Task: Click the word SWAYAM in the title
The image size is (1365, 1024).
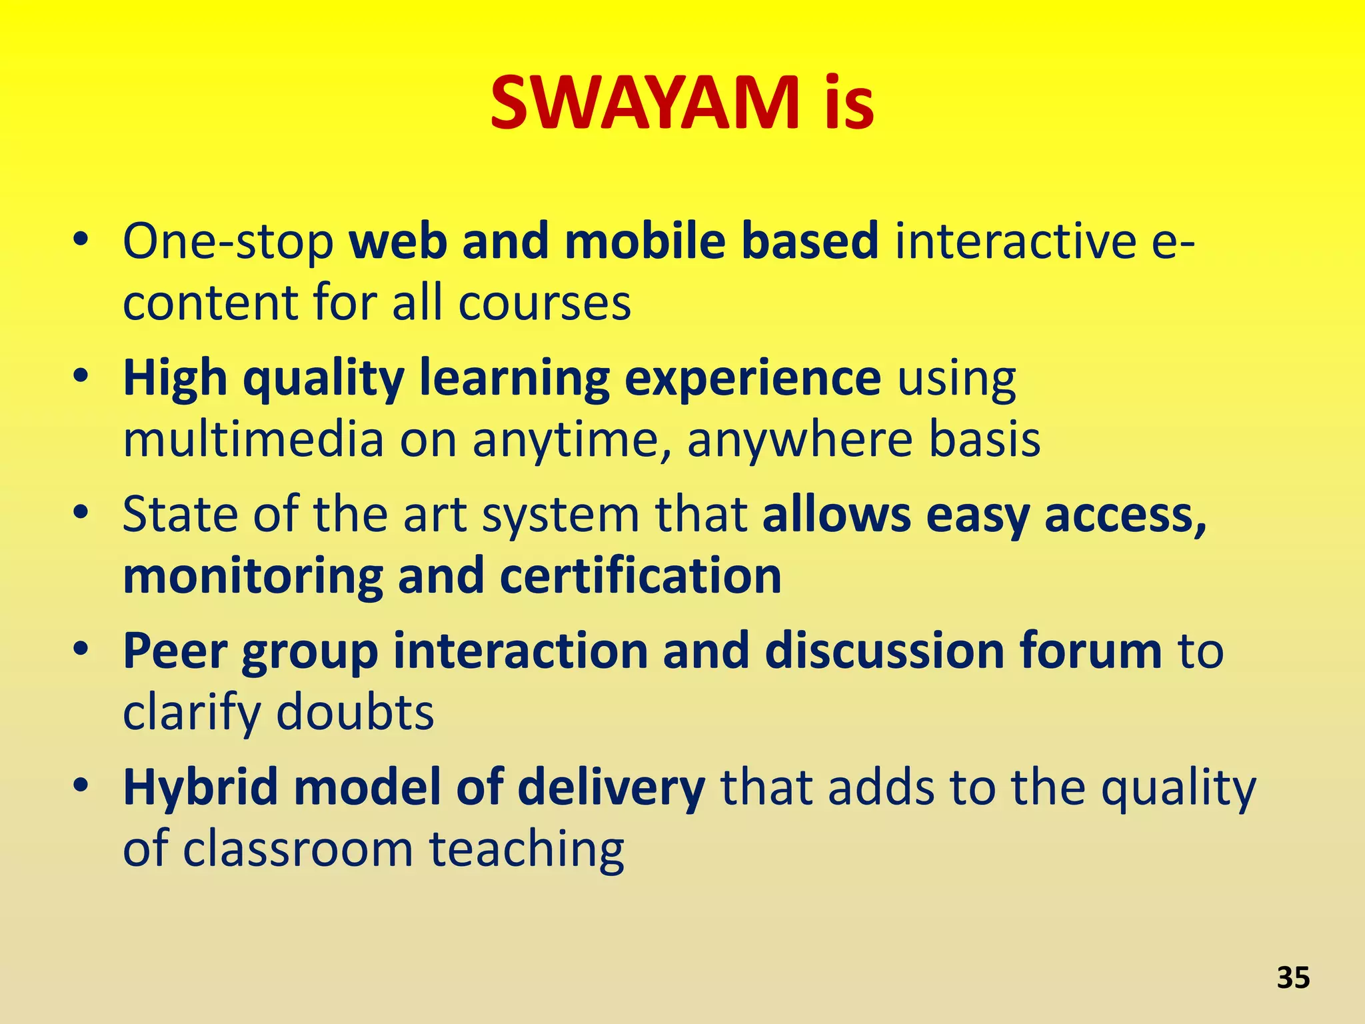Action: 645,103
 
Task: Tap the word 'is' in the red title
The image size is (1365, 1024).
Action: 848,103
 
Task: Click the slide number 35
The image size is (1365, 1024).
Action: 1293,978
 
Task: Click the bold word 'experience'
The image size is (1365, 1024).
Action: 752,379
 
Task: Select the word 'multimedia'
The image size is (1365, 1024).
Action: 254,440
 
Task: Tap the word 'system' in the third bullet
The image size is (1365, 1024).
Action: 560,516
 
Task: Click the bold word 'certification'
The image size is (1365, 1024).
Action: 640,576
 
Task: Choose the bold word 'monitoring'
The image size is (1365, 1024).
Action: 253,577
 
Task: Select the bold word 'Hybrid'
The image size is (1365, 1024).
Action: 200,788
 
